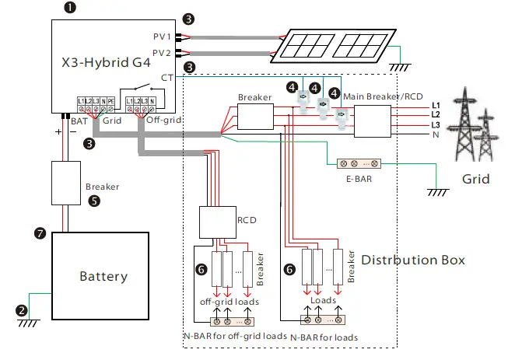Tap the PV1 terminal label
162,36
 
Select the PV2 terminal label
162,53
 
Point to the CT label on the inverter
166,77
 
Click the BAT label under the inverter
78,122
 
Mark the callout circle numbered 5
95,199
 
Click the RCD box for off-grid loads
216,222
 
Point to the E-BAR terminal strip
357,164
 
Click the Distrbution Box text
414,260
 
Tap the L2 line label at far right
435,114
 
